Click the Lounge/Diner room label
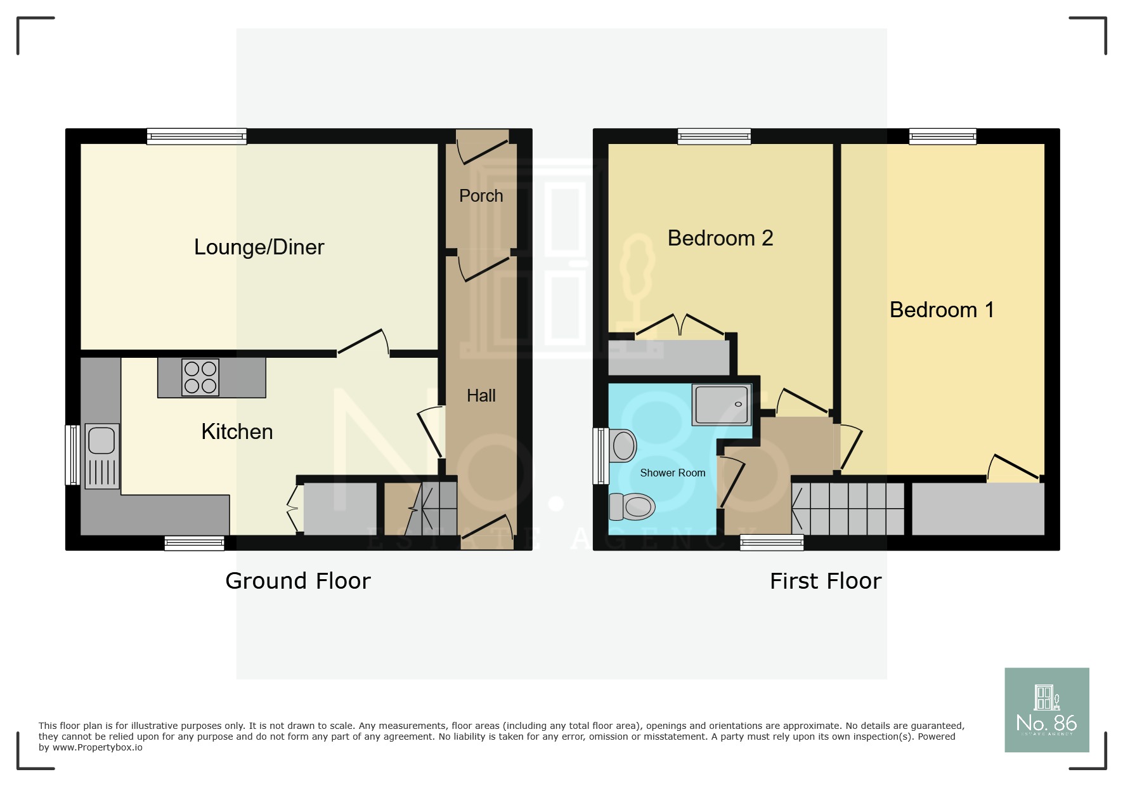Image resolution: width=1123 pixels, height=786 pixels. click(259, 247)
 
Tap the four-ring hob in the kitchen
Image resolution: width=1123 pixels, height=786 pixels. click(200, 377)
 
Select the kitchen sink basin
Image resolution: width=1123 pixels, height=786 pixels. click(101, 440)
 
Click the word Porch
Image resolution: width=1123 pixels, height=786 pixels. click(481, 196)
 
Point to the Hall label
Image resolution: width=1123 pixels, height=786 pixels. click(481, 396)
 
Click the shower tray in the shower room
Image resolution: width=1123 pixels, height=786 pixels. click(721, 404)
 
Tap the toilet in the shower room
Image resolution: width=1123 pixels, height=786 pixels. click(633, 506)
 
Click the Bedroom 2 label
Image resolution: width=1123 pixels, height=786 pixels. click(720, 239)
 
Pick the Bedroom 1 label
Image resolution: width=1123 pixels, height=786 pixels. click(941, 310)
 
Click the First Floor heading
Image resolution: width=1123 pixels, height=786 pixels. click(825, 581)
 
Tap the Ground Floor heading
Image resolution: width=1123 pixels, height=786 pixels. click(297, 581)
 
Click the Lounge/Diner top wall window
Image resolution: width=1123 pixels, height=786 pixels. click(197, 136)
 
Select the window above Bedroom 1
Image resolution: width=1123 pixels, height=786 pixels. click(942, 136)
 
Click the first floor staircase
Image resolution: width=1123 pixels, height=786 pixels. click(848, 509)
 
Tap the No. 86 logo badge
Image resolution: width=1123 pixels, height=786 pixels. click(1046, 710)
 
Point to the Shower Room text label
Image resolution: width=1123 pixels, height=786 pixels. click(672, 473)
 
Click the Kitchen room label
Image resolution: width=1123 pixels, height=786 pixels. click(237, 432)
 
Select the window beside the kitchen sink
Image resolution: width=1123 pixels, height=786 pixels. click(73, 455)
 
